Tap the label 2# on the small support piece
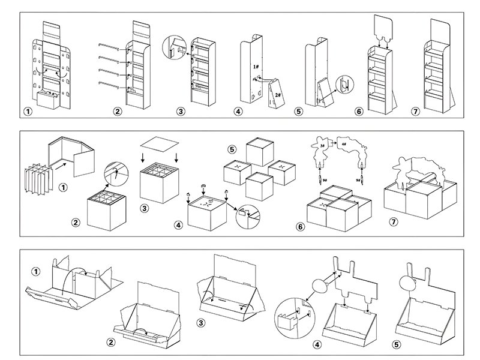point(277,94)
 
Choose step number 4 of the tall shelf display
point(239,112)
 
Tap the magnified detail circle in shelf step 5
point(343,85)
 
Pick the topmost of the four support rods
point(110,44)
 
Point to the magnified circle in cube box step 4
point(248,213)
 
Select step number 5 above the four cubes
point(233,148)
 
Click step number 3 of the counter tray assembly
point(203,323)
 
